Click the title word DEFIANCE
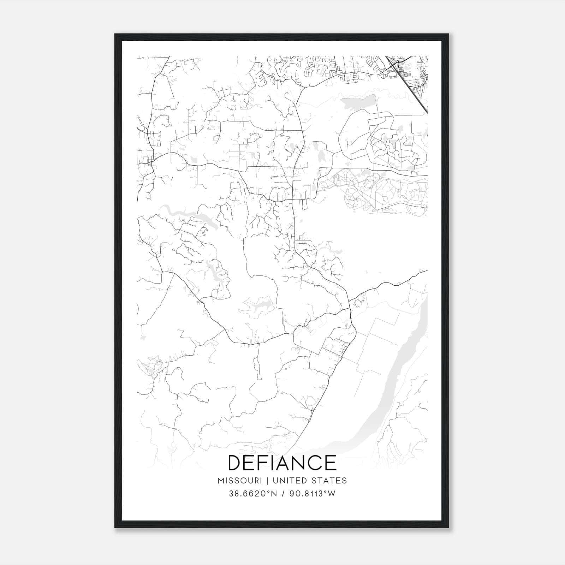(282, 463)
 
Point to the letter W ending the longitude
(332, 494)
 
